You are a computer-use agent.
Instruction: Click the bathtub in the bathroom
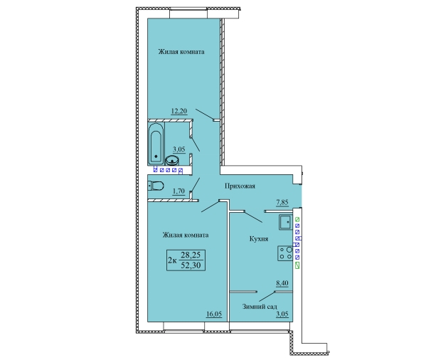tap(156, 144)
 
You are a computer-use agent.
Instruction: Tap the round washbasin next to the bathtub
tap(172, 161)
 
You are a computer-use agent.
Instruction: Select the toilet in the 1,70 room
tap(156, 186)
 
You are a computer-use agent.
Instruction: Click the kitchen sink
tap(286, 223)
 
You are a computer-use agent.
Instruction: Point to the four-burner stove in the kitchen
tap(285, 253)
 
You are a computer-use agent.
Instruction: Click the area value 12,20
tap(179, 111)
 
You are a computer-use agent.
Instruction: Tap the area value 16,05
tap(214, 314)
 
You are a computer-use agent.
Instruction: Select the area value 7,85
tap(282, 203)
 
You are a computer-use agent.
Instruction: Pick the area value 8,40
tap(282, 283)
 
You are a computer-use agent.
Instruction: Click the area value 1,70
tap(178, 191)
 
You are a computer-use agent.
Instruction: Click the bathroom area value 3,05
tap(179, 149)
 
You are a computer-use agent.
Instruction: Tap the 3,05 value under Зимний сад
tap(282, 314)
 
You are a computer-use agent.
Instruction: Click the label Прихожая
tap(240, 186)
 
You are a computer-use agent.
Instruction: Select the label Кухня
tap(259, 239)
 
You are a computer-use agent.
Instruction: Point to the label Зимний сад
tap(260, 307)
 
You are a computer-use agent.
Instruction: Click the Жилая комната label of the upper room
tap(181, 52)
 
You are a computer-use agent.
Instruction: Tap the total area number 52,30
tap(191, 265)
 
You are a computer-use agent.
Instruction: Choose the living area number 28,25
tap(191, 255)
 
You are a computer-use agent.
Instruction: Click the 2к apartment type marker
tap(172, 260)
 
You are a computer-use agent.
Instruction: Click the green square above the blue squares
tap(297, 220)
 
